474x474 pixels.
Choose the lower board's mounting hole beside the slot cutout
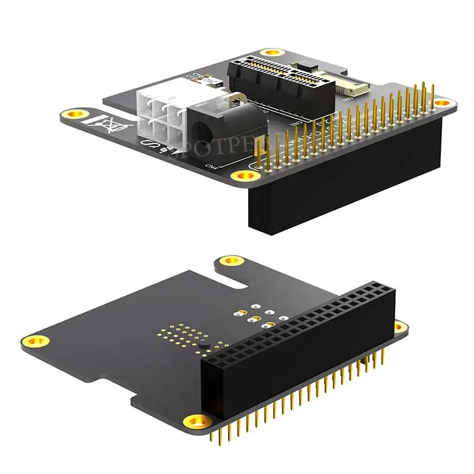click(232, 261)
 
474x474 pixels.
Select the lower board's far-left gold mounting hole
click(37, 341)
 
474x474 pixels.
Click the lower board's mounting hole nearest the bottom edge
click(196, 421)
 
